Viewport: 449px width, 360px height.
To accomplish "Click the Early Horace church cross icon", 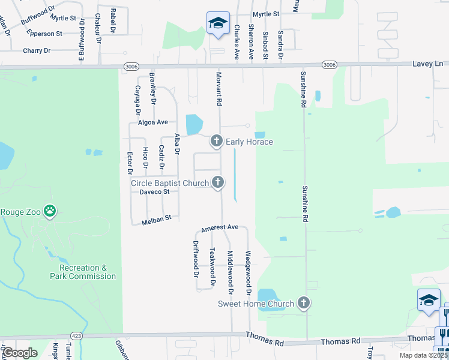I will point(216,142).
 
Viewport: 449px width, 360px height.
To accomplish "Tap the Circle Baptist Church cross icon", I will point(218,182).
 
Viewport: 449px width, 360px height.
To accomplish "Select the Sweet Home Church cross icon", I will point(304,304).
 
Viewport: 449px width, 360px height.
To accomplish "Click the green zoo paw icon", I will point(50,211).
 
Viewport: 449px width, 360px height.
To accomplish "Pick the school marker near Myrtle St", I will point(218,24).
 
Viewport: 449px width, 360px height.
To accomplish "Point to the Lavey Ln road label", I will point(428,64).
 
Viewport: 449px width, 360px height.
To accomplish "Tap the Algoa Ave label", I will point(153,122).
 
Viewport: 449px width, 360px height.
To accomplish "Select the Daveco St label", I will point(155,192).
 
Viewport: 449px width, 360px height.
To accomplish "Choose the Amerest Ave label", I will point(220,229).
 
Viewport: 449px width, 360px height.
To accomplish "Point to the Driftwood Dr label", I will point(196,259).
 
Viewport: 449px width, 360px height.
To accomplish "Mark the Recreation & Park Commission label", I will point(83,272).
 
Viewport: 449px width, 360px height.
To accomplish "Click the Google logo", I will point(20,353).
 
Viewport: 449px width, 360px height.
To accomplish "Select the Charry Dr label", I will point(37,51).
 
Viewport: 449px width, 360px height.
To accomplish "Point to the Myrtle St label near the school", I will point(266,13).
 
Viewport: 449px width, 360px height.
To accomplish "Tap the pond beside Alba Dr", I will point(194,124).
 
